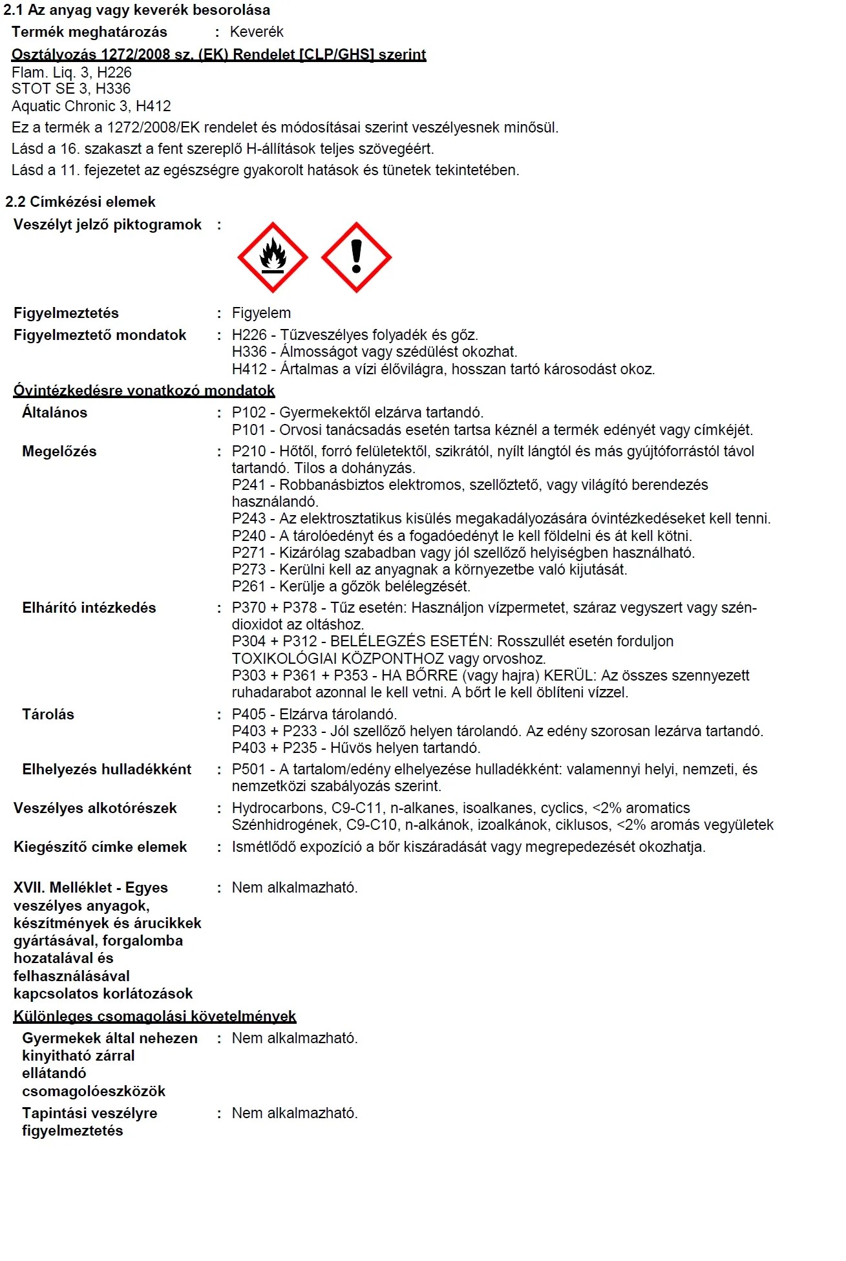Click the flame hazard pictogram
click(x=272, y=257)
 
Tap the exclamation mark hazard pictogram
click(x=356, y=257)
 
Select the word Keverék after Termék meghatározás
click(x=257, y=32)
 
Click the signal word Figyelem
click(x=261, y=313)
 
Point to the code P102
click(x=249, y=412)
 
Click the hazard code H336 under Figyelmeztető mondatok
click(x=249, y=352)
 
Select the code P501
click(x=249, y=769)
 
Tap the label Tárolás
click(x=48, y=714)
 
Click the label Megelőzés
click(x=59, y=451)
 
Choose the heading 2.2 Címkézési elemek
click(x=80, y=202)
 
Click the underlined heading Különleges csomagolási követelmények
click(x=154, y=1016)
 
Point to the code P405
click(x=249, y=714)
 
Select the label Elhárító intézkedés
click(x=89, y=608)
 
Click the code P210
click(x=249, y=451)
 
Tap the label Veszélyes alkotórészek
click(x=95, y=808)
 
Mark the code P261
click(x=249, y=586)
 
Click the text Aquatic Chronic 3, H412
click(x=91, y=106)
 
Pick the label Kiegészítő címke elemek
click(x=100, y=847)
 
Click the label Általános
click(x=54, y=412)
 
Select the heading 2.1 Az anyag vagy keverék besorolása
click(x=137, y=10)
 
